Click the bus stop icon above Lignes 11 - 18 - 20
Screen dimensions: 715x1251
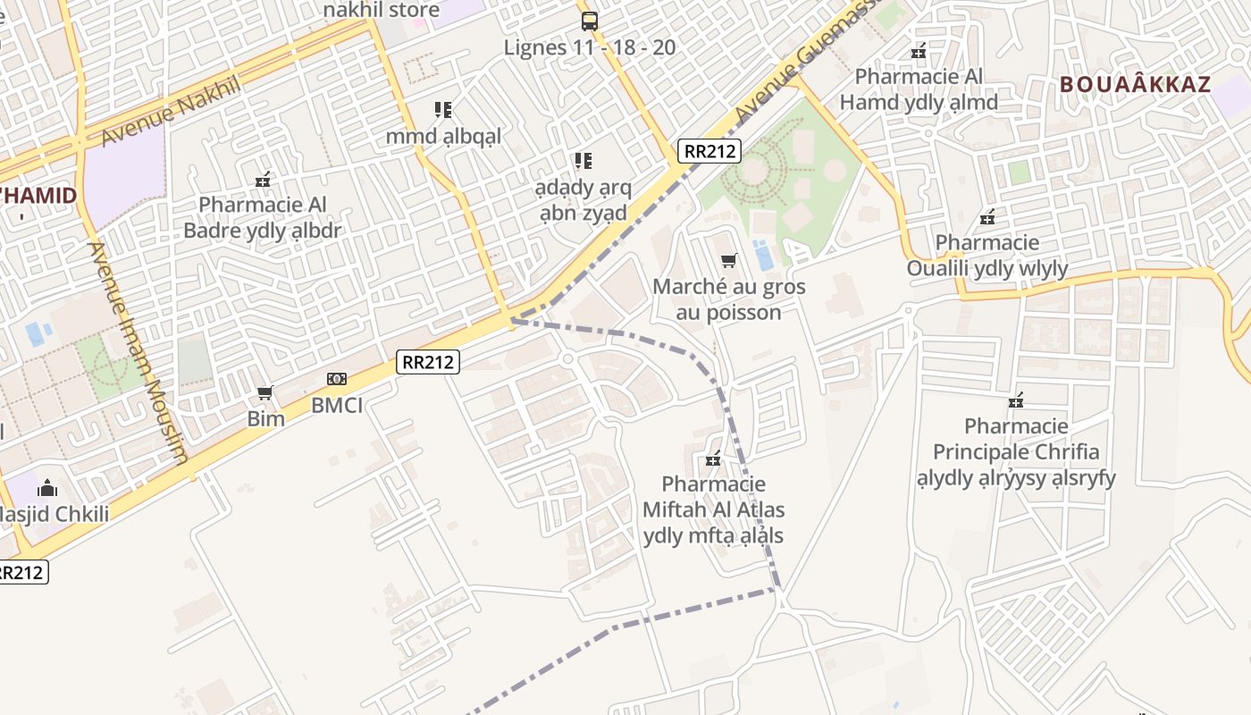point(589,21)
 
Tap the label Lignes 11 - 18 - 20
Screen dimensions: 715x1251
point(590,47)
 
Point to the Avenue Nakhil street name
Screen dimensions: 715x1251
point(171,111)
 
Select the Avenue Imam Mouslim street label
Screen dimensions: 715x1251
point(139,352)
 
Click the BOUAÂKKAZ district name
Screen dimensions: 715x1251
point(1135,85)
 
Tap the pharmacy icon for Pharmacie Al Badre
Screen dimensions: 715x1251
point(263,180)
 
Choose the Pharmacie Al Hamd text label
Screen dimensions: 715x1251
point(919,89)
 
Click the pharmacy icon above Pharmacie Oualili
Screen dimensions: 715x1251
point(987,217)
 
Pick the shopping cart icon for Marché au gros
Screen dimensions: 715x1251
point(729,261)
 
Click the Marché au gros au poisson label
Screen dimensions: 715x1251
point(729,299)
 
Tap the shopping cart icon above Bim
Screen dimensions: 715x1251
point(265,393)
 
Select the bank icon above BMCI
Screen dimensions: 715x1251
point(337,379)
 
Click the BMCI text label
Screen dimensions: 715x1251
point(337,405)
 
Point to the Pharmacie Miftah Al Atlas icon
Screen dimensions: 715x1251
point(713,459)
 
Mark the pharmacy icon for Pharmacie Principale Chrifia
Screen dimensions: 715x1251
point(1016,400)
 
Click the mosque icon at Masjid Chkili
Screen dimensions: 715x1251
point(47,488)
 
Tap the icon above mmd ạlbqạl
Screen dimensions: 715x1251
point(443,110)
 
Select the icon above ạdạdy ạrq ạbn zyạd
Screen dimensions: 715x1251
point(583,161)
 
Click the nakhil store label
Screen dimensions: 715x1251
point(382,11)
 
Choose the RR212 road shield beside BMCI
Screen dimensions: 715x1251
point(428,362)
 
